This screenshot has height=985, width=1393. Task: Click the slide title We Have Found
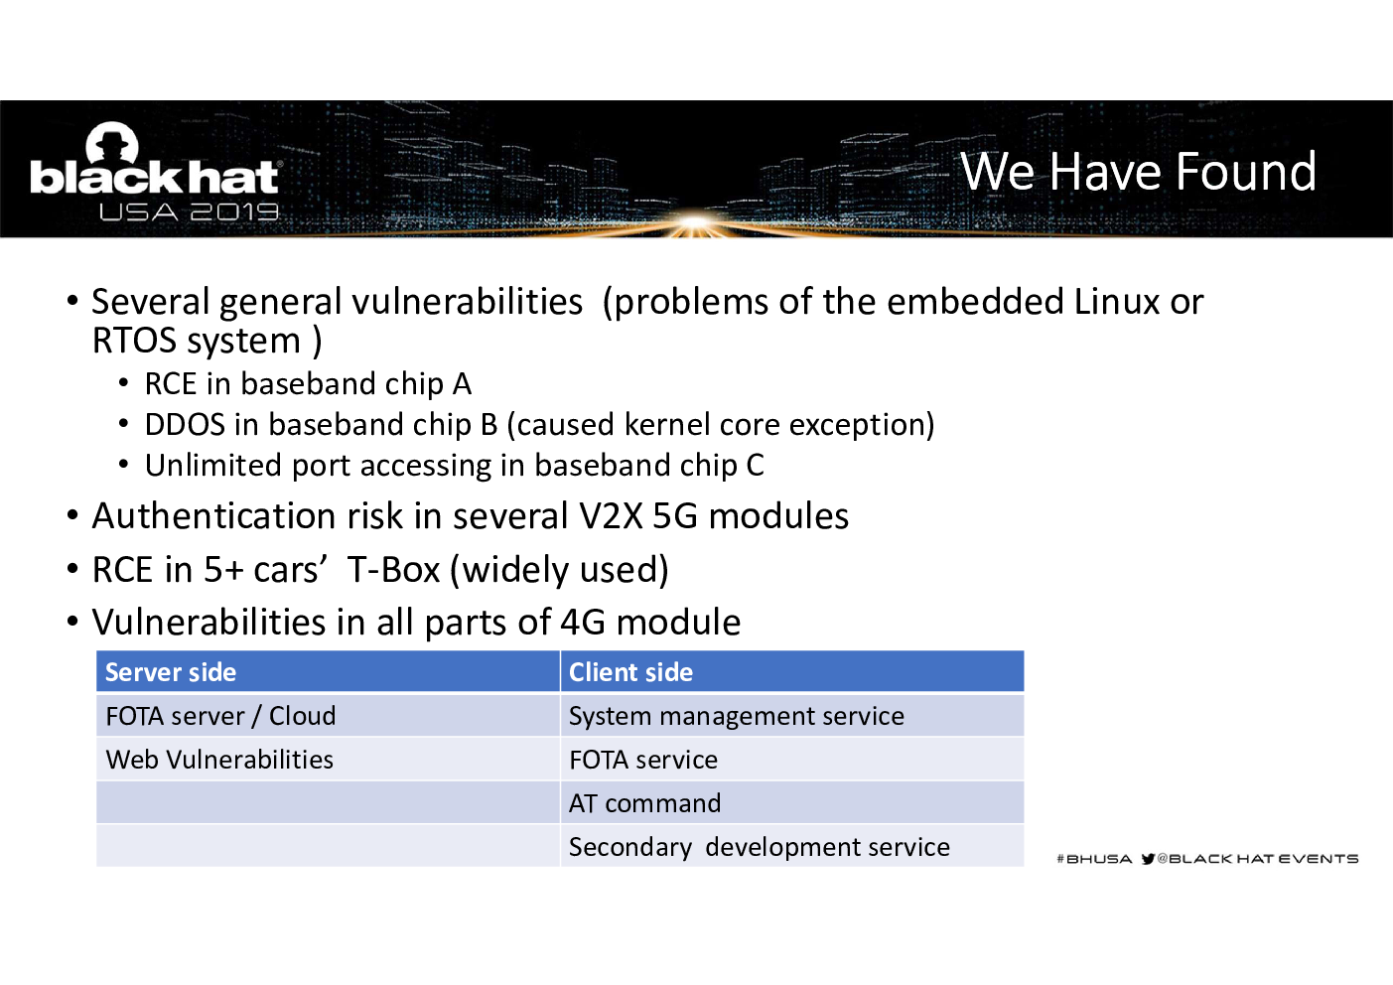1138,171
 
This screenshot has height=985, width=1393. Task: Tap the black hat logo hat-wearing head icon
112,143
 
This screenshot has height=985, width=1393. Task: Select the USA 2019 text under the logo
189,212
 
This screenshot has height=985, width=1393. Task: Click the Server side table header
171,672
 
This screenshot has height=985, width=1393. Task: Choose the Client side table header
630,672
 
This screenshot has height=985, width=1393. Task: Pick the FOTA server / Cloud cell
220,716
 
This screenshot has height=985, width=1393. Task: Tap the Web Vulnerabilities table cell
219,760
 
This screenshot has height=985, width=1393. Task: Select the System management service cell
737,716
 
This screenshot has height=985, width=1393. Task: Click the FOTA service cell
643,760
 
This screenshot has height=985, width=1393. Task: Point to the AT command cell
645,803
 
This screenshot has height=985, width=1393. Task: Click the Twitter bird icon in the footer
1148,859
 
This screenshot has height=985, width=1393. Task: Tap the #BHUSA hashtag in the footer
1094,859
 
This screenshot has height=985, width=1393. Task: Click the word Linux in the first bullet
1117,302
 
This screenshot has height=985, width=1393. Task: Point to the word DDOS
185,425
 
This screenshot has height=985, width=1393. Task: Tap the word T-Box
393,570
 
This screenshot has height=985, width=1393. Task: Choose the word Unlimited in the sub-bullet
213,465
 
